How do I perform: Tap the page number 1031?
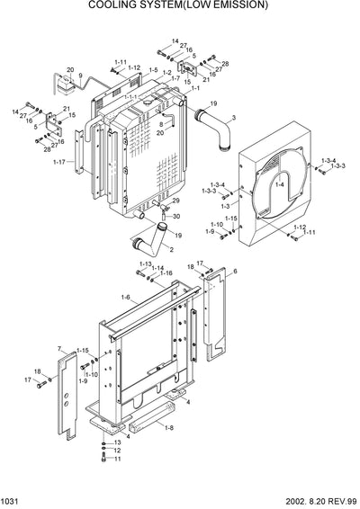coord(12,501)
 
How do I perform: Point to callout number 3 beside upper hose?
coord(233,118)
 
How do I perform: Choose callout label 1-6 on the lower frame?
coord(124,298)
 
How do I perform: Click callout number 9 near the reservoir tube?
coord(80,76)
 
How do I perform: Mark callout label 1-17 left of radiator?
coord(58,162)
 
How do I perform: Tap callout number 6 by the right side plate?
coord(235,271)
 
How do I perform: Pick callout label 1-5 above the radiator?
coord(154,70)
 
